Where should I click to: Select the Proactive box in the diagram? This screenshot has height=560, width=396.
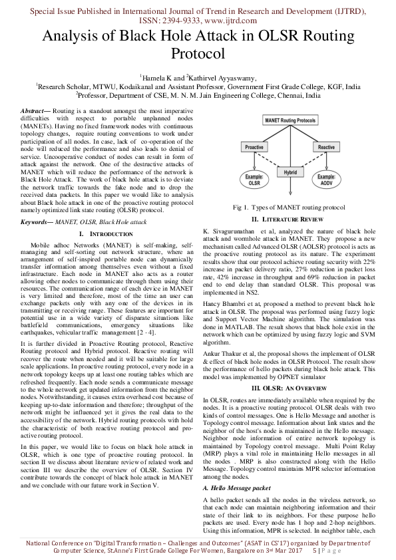click(254, 147)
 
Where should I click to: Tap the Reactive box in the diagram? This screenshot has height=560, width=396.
click(326, 147)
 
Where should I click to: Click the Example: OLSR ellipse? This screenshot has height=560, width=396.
click(254, 181)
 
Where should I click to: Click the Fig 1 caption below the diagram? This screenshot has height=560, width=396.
click(289, 208)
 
